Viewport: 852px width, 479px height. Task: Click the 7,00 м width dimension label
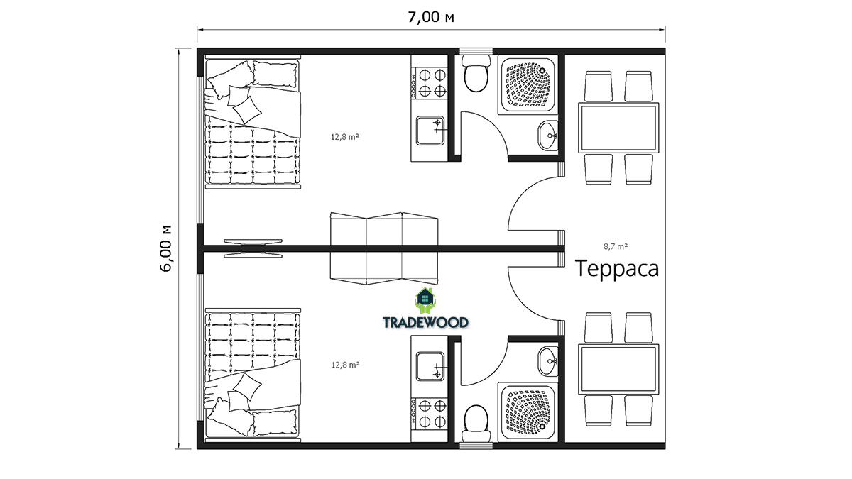[x=431, y=17]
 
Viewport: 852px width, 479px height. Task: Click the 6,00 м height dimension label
[x=166, y=248]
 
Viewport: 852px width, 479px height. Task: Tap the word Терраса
[x=616, y=269]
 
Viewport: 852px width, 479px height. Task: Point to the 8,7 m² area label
[x=616, y=246]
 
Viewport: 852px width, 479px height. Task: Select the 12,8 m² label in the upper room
[x=345, y=137]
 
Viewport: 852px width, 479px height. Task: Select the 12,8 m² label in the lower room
[x=345, y=365]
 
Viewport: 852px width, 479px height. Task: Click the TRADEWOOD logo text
[x=425, y=323]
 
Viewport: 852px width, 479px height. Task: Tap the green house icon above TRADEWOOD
[x=425, y=300]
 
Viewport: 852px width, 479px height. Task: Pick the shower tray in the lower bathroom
[x=528, y=412]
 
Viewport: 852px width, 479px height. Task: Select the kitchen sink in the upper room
[x=430, y=131]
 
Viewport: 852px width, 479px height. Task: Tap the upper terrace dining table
[x=618, y=128]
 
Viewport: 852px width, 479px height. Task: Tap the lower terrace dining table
[x=618, y=370]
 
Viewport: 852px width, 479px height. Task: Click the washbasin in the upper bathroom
[x=548, y=136]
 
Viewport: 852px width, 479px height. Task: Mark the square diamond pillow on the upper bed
[x=247, y=110]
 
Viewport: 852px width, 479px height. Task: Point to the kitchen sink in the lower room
[x=430, y=366]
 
